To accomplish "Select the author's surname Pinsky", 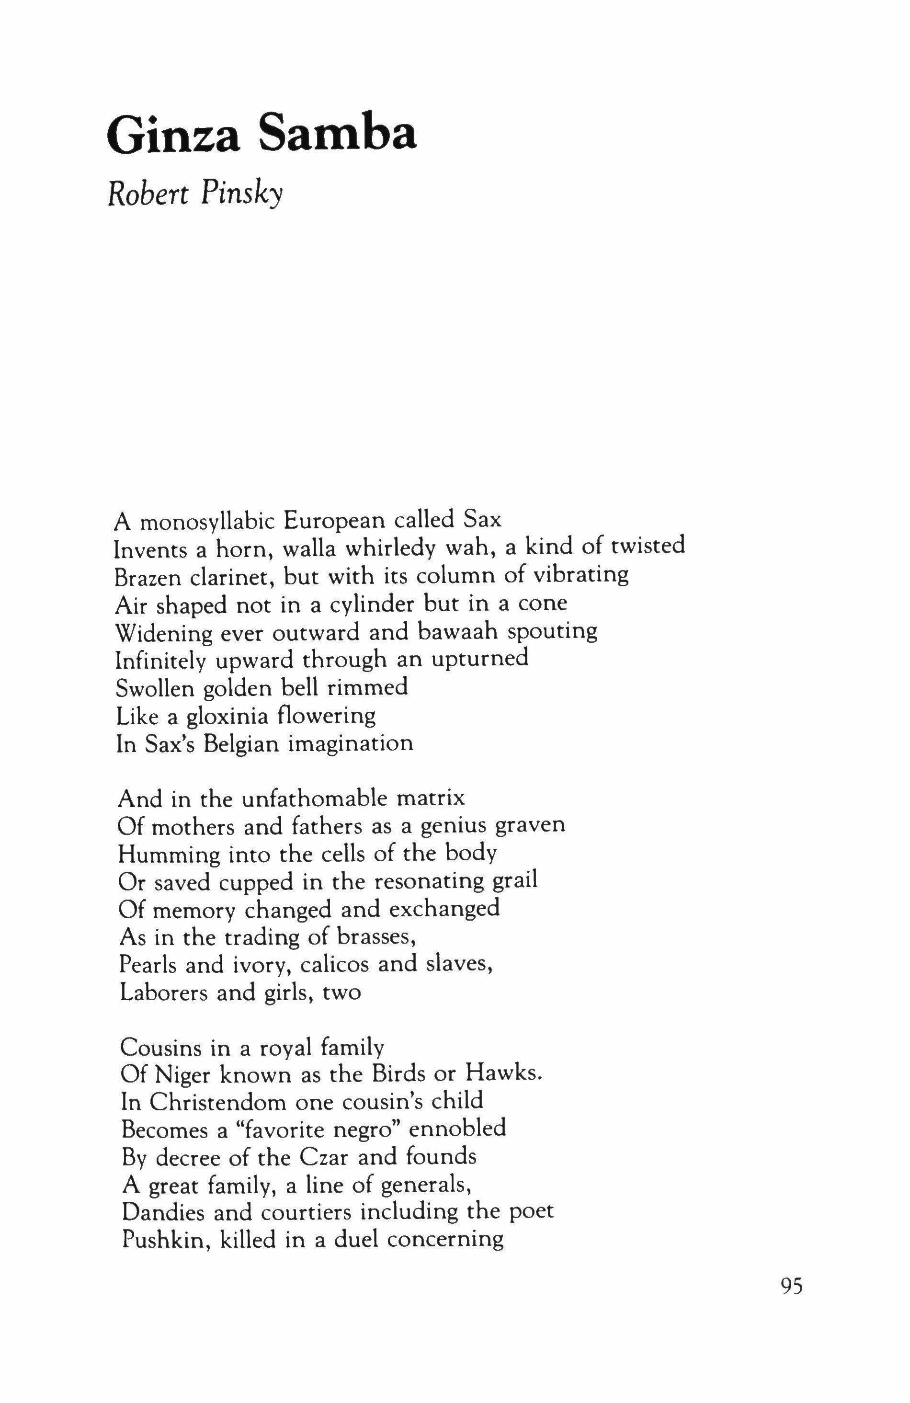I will point(242,193).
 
